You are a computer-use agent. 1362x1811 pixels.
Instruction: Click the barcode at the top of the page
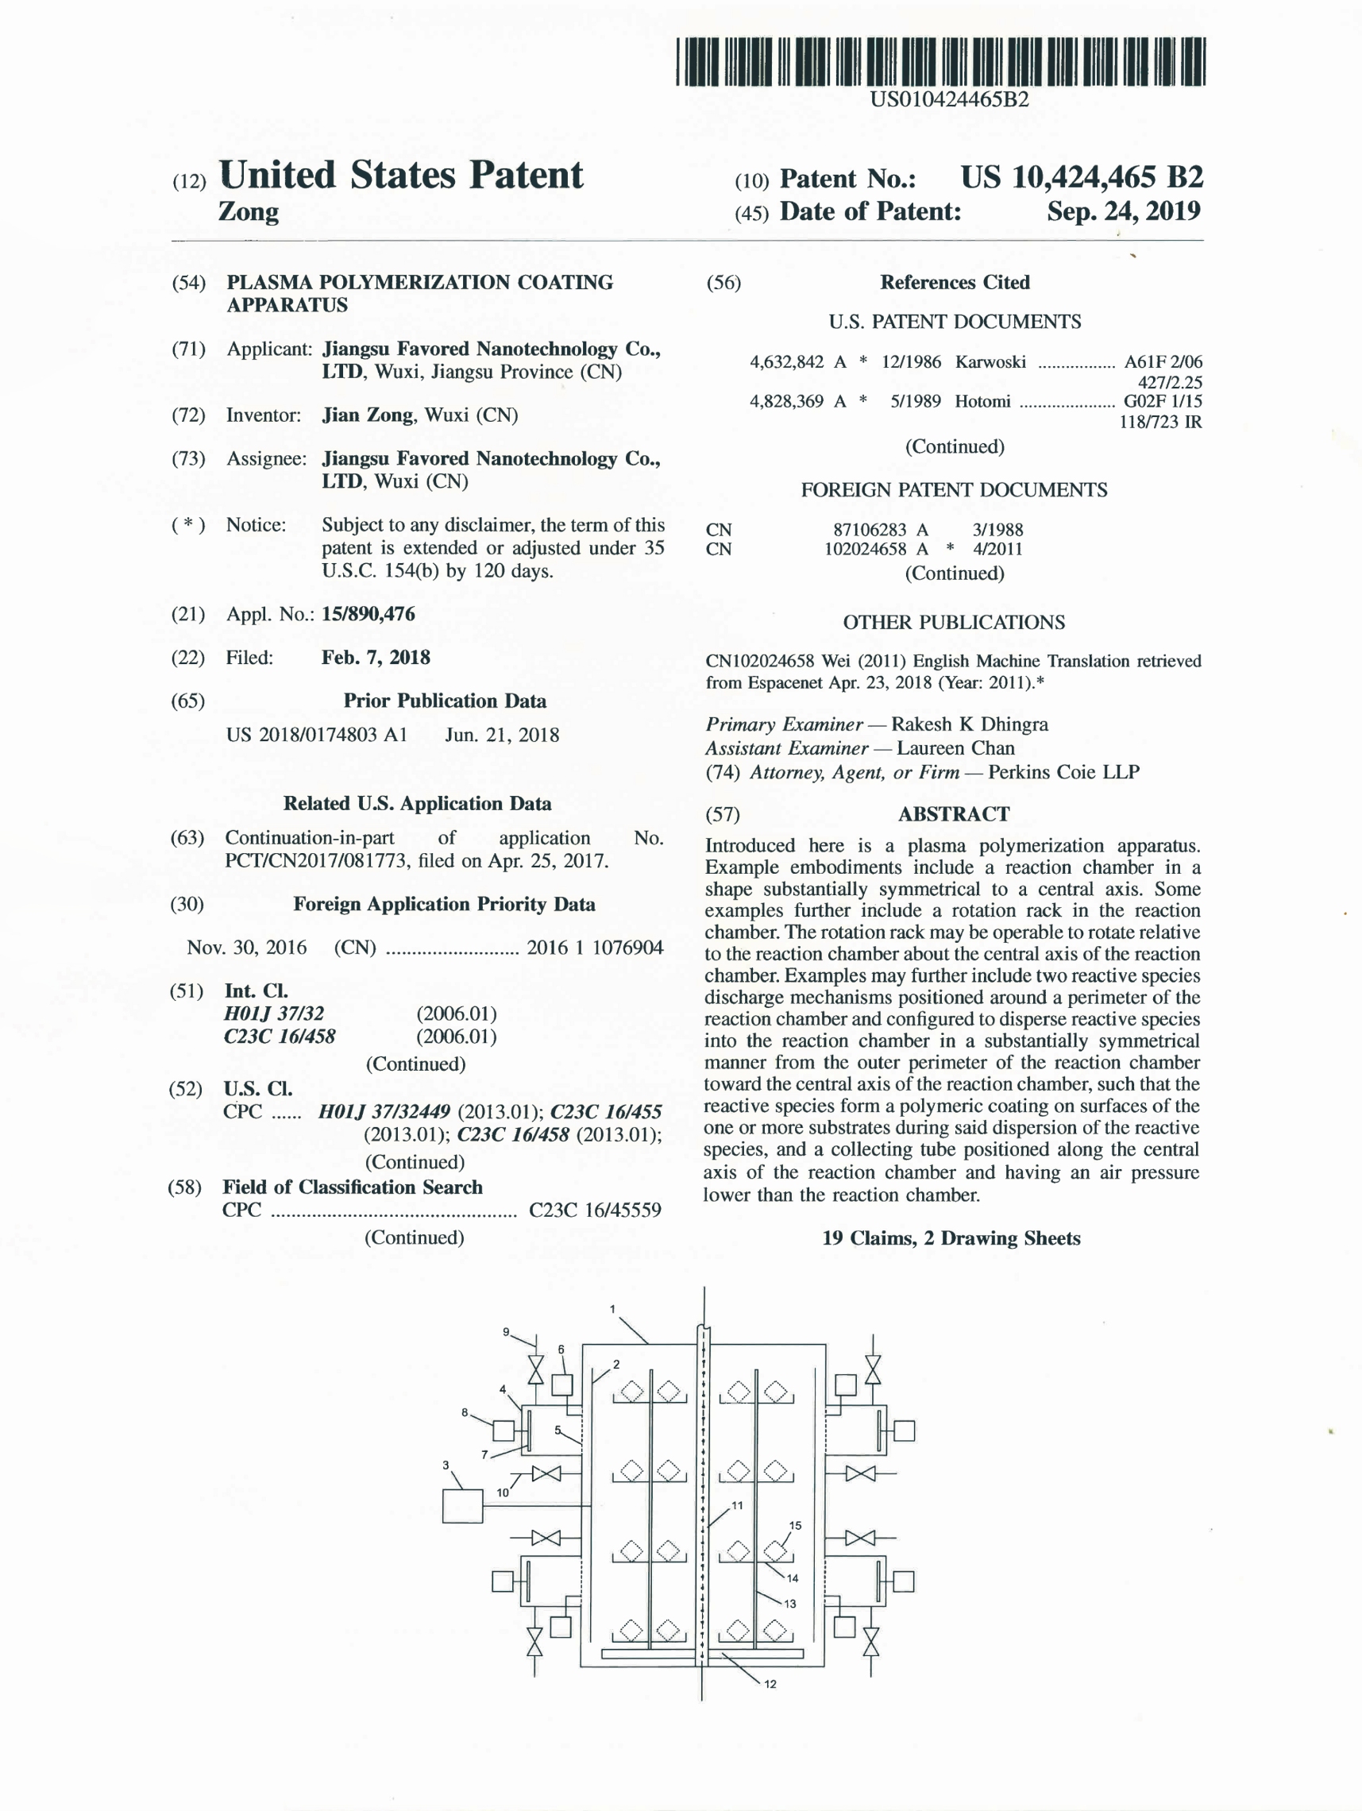(x=941, y=61)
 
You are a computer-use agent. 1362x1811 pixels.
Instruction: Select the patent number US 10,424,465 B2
(x=1081, y=178)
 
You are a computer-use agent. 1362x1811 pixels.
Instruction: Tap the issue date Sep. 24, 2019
(x=1123, y=211)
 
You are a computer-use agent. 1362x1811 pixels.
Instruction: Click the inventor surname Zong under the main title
(x=248, y=212)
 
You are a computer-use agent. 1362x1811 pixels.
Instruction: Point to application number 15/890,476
(x=368, y=614)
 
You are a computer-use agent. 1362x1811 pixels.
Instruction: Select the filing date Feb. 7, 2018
(x=376, y=658)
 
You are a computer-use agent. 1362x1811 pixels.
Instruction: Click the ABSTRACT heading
(x=954, y=814)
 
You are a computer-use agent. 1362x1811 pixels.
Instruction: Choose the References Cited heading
(x=955, y=283)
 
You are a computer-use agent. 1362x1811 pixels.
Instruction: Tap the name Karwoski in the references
(x=990, y=362)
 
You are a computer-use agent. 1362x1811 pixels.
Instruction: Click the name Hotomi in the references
(x=982, y=401)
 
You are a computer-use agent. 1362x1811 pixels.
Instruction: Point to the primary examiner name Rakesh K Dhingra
(x=969, y=724)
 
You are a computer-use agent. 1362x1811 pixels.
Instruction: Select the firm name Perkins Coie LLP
(x=1063, y=772)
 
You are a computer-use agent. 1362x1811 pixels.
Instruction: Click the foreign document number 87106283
(x=870, y=530)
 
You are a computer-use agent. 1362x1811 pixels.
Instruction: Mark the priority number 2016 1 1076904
(x=594, y=948)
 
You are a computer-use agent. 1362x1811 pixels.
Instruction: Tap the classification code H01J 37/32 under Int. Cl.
(x=274, y=1014)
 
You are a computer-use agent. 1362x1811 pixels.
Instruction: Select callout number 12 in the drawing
(x=770, y=1684)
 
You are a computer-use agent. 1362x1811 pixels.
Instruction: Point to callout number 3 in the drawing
(x=446, y=1465)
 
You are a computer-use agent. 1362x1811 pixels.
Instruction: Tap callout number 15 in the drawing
(x=795, y=1525)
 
